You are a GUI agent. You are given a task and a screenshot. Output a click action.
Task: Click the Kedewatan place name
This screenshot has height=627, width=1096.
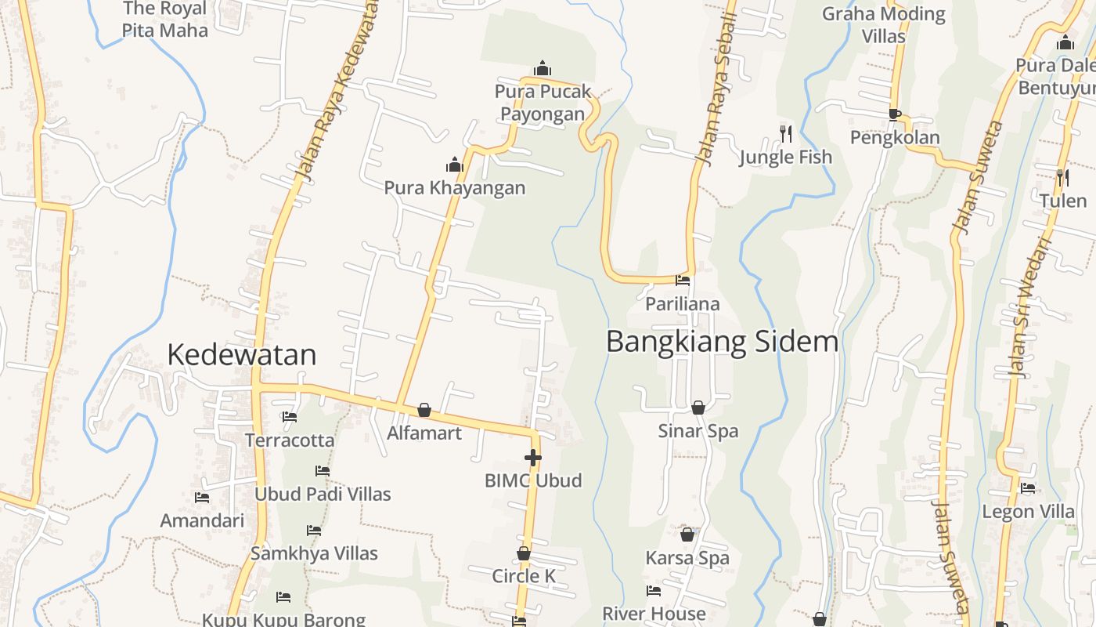[242, 355]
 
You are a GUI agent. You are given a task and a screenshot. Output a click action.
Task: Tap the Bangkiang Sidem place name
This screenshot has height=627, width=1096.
[722, 342]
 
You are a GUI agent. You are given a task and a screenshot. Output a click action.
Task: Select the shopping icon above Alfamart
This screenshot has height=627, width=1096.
[424, 410]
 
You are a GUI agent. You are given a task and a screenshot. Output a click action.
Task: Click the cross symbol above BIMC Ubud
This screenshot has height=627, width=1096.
[533, 458]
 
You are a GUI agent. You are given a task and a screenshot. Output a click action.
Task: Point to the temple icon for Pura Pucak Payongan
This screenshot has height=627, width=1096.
[542, 69]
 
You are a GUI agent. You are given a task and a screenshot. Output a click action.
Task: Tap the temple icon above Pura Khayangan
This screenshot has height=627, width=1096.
[454, 165]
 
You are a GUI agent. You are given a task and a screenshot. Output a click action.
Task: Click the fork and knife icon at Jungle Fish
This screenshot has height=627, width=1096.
[786, 134]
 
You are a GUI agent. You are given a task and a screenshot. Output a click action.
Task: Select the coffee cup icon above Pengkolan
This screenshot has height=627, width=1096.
[895, 114]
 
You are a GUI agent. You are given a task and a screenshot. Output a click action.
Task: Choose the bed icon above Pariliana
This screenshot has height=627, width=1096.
[683, 281]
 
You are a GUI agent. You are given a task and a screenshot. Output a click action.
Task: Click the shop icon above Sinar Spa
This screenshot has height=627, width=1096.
[698, 408]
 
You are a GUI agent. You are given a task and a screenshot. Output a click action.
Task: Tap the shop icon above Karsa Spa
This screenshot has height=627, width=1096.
[687, 535]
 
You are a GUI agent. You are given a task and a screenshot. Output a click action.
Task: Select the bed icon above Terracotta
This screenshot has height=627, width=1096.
[290, 417]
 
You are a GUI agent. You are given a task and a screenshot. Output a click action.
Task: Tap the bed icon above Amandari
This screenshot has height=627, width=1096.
[202, 498]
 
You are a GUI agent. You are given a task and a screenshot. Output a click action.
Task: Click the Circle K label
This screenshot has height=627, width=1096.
[524, 576]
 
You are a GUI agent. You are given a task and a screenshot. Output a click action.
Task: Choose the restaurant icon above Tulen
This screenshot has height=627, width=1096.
[1062, 178]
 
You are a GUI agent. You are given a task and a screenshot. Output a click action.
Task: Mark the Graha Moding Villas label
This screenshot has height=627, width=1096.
[883, 24]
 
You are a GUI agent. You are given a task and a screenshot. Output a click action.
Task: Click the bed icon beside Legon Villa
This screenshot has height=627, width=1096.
[1028, 488]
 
